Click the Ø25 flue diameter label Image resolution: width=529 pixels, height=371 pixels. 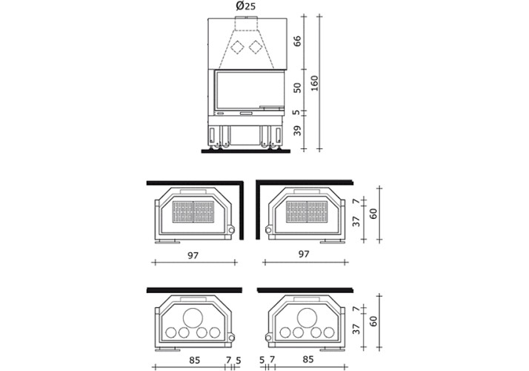coord(246,6)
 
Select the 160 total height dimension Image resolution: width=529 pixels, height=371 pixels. coord(314,83)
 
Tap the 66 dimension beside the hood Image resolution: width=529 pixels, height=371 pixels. coord(297,42)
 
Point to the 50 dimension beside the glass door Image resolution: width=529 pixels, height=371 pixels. coord(297,88)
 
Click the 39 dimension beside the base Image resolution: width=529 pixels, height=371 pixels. coord(297,131)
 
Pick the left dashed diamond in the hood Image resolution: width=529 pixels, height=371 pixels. coord(237,47)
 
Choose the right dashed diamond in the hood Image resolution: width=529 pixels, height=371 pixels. coord(256,47)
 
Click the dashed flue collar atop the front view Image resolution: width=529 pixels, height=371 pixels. coord(246,23)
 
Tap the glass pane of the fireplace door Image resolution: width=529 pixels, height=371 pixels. coord(249,91)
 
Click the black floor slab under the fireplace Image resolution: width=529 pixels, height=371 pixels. coord(246,151)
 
